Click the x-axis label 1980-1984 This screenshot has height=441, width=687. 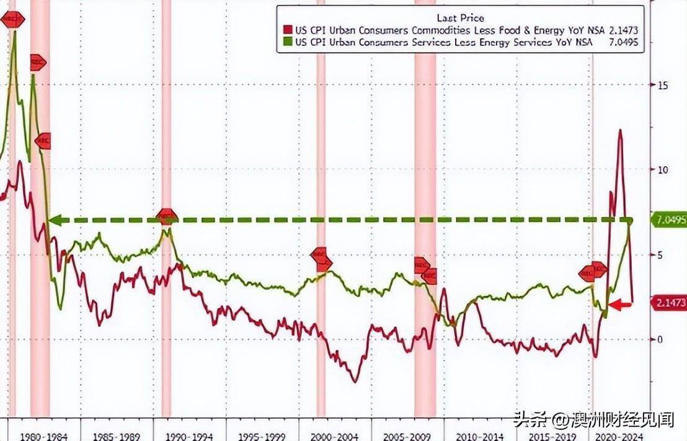(x=36, y=435)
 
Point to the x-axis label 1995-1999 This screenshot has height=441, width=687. (x=263, y=435)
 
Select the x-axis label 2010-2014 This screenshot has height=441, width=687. (x=481, y=435)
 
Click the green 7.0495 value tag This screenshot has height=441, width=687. (x=668, y=220)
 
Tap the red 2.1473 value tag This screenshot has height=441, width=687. (x=668, y=303)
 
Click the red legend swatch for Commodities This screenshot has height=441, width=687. (x=286, y=30)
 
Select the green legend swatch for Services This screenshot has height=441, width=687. (x=286, y=42)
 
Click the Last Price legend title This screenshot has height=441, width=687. (x=460, y=18)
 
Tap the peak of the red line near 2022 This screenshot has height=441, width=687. (x=619, y=130)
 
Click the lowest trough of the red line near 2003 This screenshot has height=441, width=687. (x=355, y=381)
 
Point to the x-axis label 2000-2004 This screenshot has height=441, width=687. (x=335, y=435)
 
